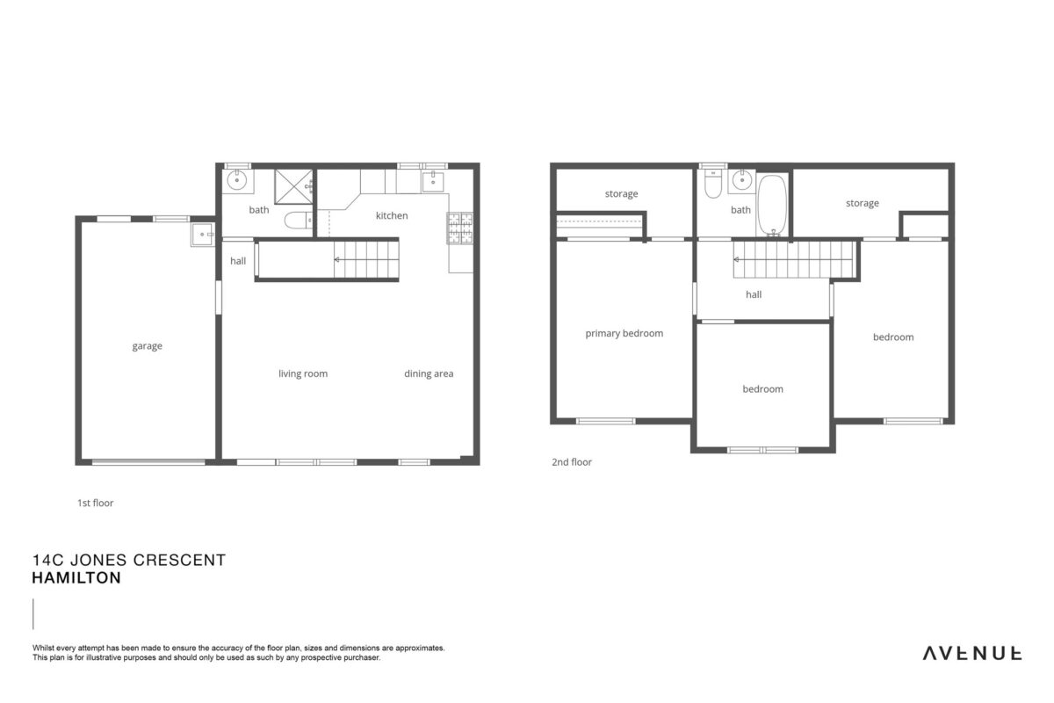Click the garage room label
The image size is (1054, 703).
click(x=147, y=346)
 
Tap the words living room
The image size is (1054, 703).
click(x=303, y=373)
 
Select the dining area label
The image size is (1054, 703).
click(x=429, y=373)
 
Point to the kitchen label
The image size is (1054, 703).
click(x=392, y=215)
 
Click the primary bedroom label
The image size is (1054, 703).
click(x=624, y=334)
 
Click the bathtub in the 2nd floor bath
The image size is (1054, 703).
click(x=772, y=205)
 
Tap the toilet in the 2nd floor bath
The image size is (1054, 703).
click(x=713, y=184)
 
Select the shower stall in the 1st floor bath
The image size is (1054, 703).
click(x=293, y=187)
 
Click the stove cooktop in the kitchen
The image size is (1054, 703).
click(x=459, y=228)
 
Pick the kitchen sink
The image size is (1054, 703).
click(x=433, y=182)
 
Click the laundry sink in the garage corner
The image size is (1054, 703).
click(x=203, y=235)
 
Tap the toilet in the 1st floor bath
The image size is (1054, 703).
click(x=299, y=220)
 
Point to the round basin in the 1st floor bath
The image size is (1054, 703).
click(x=237, y=180)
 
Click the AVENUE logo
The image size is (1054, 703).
click(x=972, y=654)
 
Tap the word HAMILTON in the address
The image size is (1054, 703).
click(x=76, y=577)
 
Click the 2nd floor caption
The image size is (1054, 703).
click(x=572, y=462)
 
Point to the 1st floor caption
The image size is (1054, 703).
click(x=96, y=503)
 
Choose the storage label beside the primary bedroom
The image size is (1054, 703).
click(x=621, y=194)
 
